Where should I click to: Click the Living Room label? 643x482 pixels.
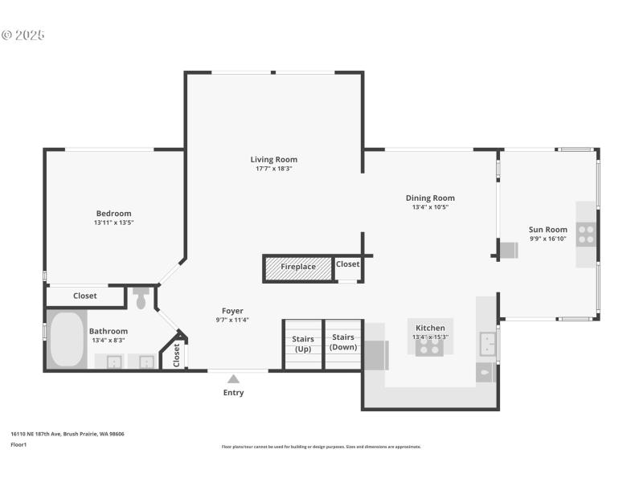[x=273, y=159]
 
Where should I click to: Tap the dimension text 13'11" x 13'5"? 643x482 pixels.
[x=113, y=223]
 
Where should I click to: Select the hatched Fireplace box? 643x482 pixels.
[x=298, y=267]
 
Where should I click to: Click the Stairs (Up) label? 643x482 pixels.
[x=303, y=344]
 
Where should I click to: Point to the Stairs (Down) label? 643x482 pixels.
[x=343, y=342]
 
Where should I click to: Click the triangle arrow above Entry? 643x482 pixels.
[x=233, y=379]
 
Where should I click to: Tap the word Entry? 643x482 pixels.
[x=233, y=393]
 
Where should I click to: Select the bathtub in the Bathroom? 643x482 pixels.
[x=66, y=339]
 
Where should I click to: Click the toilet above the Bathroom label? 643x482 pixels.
[x=141, y=299]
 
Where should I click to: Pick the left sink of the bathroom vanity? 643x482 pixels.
[x=114, y=361]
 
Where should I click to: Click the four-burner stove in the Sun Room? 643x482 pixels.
[x=587, y=234]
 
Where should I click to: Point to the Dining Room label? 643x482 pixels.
[x=430, y=198]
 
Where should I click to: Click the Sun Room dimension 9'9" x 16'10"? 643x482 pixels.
[x=547, y=239]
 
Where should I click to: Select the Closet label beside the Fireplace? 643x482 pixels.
[x=348, y=263]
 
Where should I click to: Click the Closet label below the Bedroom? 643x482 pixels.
[x=84, y=296]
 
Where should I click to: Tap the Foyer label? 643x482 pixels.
[x=232, y=311]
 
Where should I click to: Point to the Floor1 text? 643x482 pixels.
[x=18, y=444]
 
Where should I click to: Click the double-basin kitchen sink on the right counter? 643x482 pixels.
[x=486, y=344]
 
